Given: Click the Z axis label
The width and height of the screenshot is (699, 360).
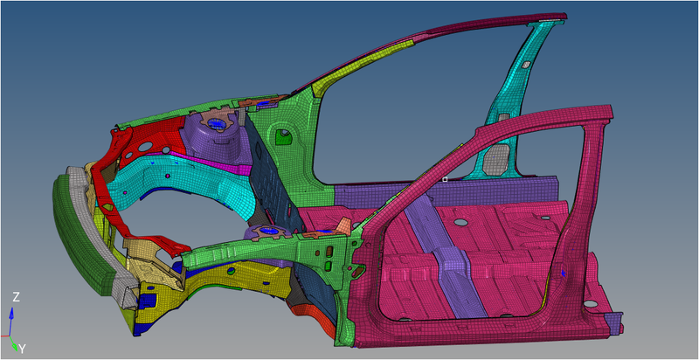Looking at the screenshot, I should (16, 298).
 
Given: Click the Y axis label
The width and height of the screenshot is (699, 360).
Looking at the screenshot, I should (22, 349).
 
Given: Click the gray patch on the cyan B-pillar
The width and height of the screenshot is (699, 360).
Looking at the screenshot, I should (495, 156).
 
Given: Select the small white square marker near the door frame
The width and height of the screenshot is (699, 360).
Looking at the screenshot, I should (445, 179).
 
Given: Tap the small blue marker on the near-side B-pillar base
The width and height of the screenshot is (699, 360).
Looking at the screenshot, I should (564, 273).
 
